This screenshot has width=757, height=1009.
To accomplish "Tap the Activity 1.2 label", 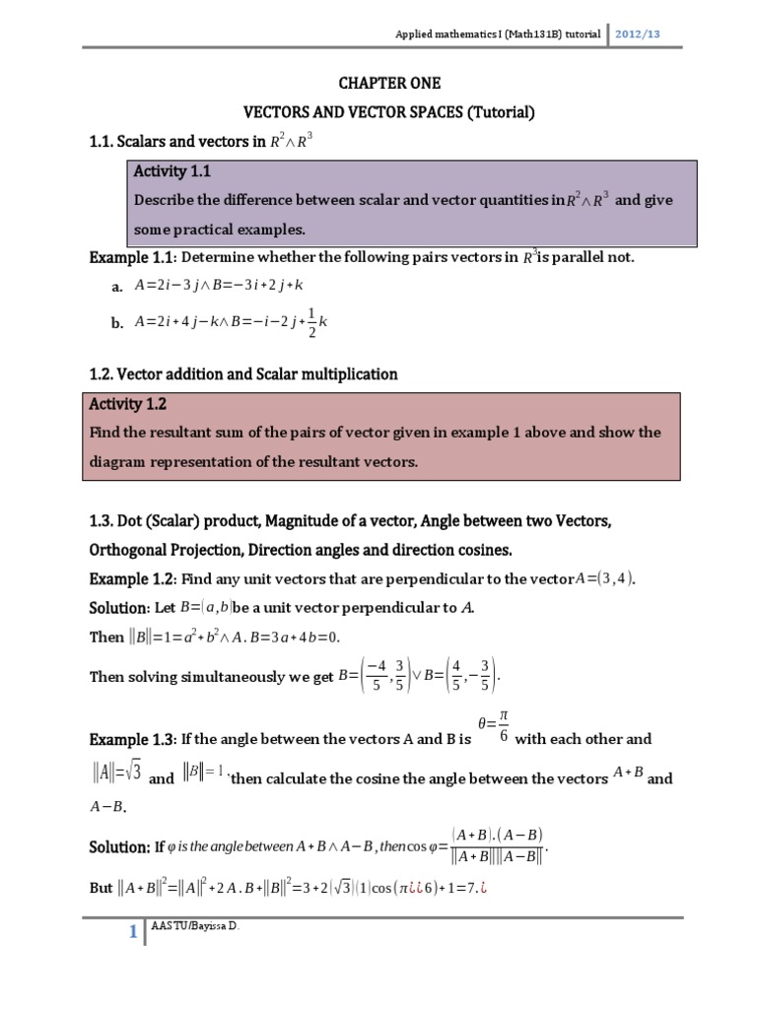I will tap(128, 404).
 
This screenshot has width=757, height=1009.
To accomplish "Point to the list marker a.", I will tap(117, 286).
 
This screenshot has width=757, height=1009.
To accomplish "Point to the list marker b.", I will tap(117, 321).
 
